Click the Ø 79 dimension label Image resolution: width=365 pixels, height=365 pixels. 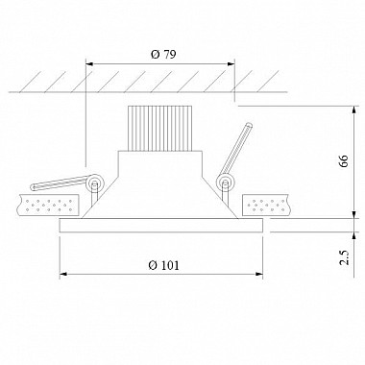click(163, 55)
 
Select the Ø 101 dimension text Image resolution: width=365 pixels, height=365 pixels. click(164, 265)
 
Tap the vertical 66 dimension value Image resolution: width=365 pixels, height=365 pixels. click(343, 161)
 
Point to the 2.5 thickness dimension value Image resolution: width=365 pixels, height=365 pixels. click(344, 257)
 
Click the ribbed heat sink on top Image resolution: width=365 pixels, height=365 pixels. click(159, 128)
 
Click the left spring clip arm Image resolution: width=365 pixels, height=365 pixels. click(60, 182)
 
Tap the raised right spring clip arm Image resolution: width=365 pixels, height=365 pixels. click(237, 149)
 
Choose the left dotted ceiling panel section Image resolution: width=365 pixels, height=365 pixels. click(49, 205)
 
